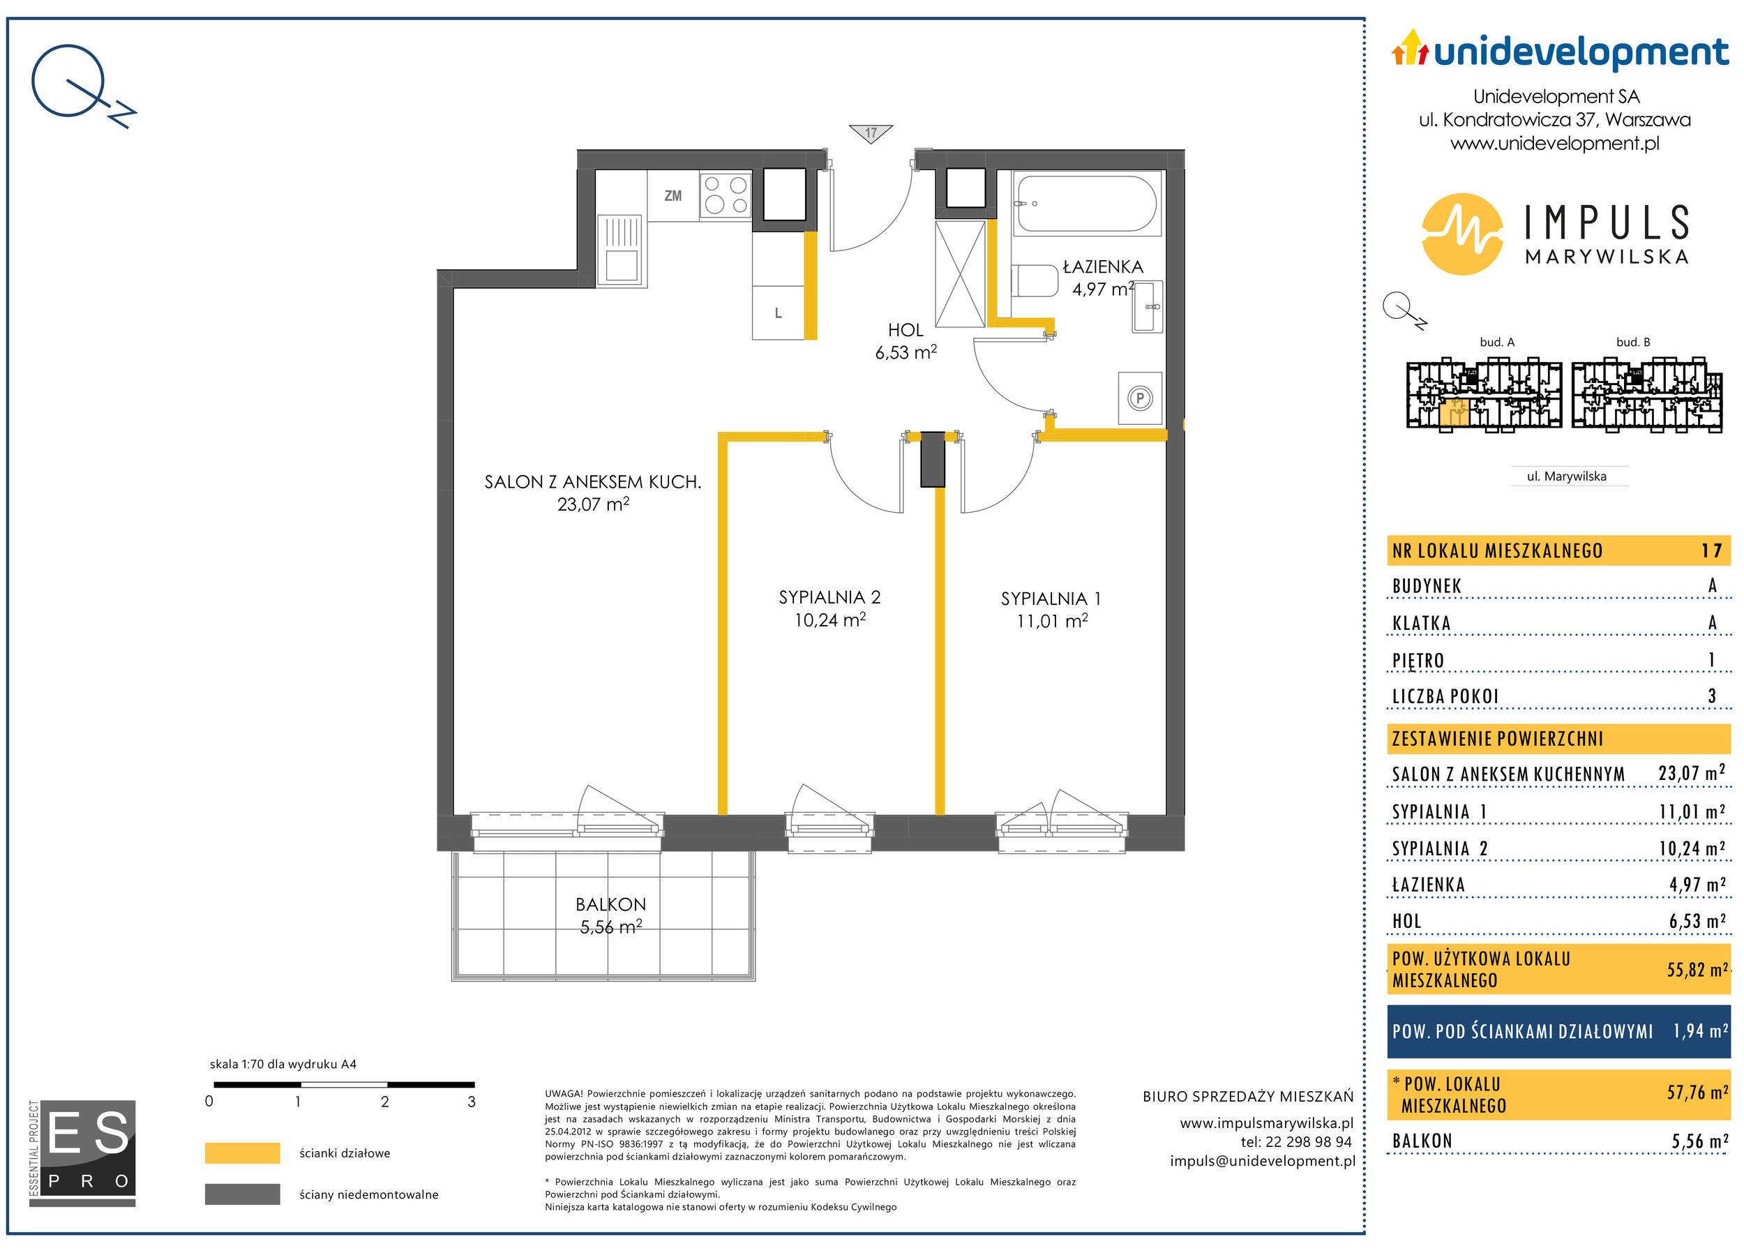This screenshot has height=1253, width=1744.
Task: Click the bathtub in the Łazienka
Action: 1088,204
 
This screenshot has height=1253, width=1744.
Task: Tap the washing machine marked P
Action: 1140,398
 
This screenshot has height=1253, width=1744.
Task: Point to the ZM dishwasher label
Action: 673,196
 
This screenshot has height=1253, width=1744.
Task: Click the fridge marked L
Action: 779,313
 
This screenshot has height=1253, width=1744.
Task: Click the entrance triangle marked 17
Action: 871,133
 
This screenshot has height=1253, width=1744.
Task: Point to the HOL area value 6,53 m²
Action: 906,352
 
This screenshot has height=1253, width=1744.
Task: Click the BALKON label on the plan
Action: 610,905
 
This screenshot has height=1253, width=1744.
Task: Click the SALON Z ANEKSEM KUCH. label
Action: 592,482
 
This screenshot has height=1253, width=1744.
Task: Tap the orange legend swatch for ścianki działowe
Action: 242,1153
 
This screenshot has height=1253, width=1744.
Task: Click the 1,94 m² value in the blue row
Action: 1700,1030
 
